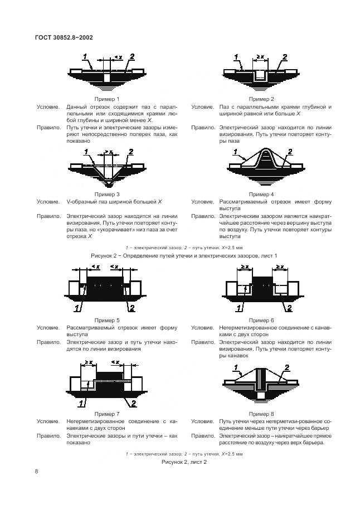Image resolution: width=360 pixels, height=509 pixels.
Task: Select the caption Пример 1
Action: [106, 99]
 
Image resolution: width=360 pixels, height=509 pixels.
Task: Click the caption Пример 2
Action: [260, 99]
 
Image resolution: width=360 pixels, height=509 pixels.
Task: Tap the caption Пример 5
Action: [106, 321]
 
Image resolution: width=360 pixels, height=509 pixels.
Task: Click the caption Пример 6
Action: [260, 321]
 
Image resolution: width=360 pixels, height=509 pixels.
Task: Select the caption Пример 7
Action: [106, 414]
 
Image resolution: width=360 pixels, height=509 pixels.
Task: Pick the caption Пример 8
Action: [260, 414]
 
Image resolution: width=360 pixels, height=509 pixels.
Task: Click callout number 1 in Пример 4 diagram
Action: [237, 152]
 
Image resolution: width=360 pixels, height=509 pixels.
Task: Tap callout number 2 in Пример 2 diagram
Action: [284, 57]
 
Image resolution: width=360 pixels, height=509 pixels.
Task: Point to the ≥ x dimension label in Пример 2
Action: [260, 57]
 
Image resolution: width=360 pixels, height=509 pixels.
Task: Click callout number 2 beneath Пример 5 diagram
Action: [132, 308]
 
